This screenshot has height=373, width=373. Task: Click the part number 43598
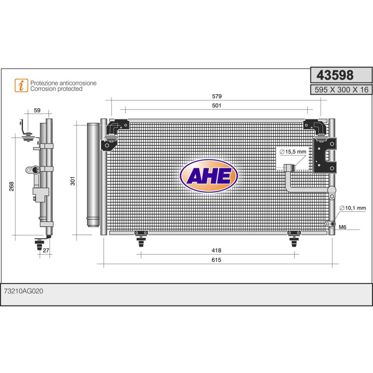335,76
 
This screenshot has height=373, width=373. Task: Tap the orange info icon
21,85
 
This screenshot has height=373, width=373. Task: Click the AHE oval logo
209,176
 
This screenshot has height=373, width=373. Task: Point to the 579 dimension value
216,97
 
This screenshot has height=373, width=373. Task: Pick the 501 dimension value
216,106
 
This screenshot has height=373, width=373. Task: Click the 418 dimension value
216,250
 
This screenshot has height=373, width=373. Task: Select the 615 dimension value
216,260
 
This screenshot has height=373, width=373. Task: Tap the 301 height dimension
72,180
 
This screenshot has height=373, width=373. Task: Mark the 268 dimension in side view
11,186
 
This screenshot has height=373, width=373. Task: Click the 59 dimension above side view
37,111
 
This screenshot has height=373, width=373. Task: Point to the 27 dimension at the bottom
45,251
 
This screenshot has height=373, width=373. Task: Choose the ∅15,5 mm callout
293,152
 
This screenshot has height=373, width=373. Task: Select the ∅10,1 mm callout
353,208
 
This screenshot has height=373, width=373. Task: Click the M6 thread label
343,228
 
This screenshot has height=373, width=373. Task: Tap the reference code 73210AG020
23,290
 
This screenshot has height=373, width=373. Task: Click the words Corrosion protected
56,89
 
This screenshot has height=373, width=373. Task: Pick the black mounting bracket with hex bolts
325,156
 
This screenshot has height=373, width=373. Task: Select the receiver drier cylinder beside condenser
94,174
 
